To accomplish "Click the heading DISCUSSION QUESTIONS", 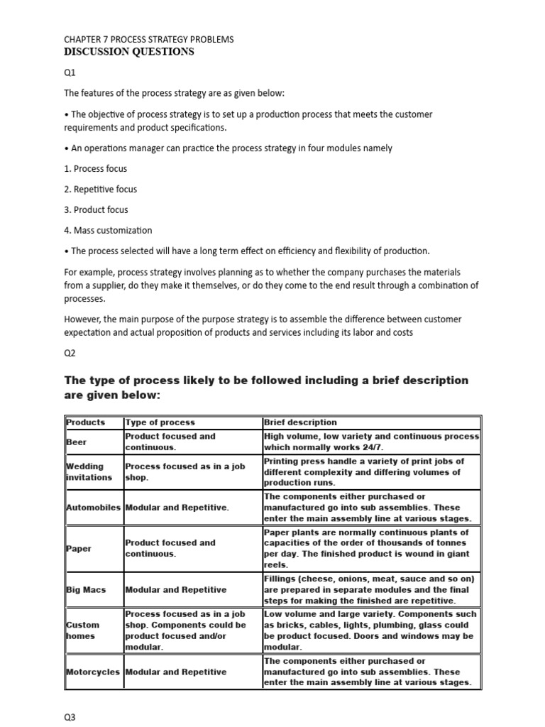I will click(x=128, y=52).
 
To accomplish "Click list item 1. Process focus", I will click(x=96, y=169).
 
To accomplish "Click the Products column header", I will click(x=85, y=422).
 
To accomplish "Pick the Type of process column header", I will click(x=160, y=422).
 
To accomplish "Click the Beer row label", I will click(x=77, y=442).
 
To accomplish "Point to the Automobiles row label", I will click(x=94, y=508).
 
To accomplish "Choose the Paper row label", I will click(x=78, y=549).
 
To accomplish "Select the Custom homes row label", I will click(x=82, y=630).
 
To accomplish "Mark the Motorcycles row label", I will click(x=94, y=672).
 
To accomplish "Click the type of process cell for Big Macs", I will click(x=176, y=590).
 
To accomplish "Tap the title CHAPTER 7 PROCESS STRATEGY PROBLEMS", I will click(x=148, y=39).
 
